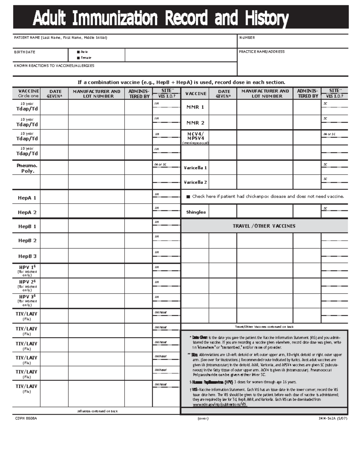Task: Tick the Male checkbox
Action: (x=78, y=52)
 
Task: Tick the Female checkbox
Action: (x=78, y=58)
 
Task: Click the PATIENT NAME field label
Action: (x=60, y=38)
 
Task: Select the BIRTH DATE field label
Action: (x=24, y=52)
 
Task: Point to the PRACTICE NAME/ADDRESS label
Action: (x=262, y=52)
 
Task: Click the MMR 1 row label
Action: (x=195, y=107)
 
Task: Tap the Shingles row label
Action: (x=196, y=212)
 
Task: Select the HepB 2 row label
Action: (x=27, y=240)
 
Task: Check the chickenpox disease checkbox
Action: (x=188, y=197)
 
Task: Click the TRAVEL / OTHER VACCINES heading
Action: (x=264, y=226)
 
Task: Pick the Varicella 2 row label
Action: (x=195, y=182)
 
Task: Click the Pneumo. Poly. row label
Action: (x=27, y=168)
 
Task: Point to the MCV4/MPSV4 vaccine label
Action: (x=195, y=136)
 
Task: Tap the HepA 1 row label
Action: (x=27, y=198)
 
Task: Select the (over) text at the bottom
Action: (x=203, y=418)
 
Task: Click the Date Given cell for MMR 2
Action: (x=223, y=122)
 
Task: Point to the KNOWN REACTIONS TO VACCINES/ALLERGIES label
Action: (x=54, y=66)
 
